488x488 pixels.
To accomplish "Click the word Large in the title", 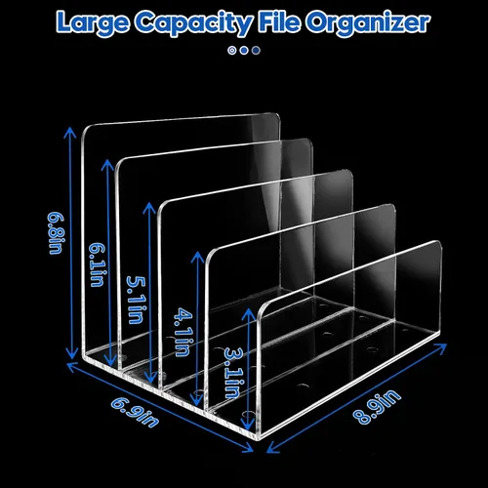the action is [93, 23].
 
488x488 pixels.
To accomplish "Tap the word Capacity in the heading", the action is [193, 23].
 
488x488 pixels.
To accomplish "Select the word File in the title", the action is [279, 21].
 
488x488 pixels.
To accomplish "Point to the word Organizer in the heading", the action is [368, 23].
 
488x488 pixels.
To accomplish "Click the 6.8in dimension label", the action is [56, 233].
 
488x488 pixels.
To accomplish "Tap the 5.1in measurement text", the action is [136, 300].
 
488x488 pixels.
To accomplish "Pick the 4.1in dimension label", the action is [183, 333].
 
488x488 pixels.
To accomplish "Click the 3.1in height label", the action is [233, 373].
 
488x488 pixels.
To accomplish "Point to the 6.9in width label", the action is [136, 412].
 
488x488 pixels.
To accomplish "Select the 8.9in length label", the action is [377, 407].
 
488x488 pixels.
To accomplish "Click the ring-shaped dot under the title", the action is [231, 51].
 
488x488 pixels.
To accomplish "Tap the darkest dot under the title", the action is [256, 51].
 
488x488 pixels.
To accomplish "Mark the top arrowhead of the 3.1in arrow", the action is [249, 311].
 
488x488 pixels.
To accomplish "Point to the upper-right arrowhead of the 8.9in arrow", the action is [443, 347].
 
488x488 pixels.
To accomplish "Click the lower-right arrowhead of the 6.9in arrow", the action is [250, 449].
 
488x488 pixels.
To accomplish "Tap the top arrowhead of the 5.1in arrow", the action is [149, 206].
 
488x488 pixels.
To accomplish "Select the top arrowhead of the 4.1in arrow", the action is [197, 256].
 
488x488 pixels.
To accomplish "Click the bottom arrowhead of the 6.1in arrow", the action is [111, 362].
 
